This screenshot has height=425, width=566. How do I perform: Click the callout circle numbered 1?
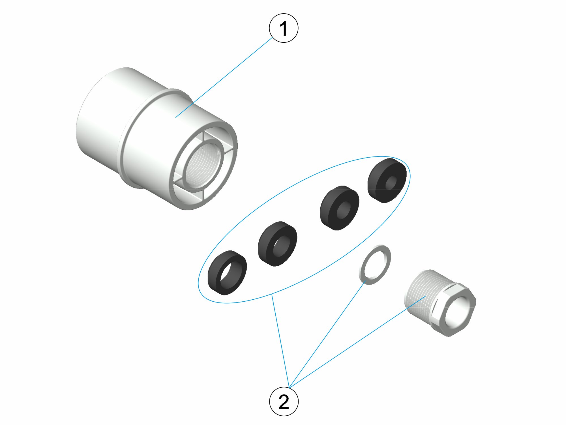point(283,28)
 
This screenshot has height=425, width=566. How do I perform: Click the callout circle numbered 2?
point(284,401)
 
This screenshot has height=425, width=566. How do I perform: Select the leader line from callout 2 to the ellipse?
point(280,340)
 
